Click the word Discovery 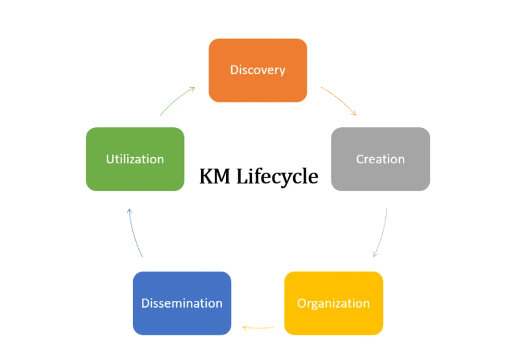tap(257, 69)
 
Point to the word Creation tap(380, 159)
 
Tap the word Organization tap(333, 303)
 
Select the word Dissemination tap(182, 303)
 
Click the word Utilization tap(135, 159)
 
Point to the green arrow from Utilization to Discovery tap(176, 100)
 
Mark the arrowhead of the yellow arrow tap(244, 328)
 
